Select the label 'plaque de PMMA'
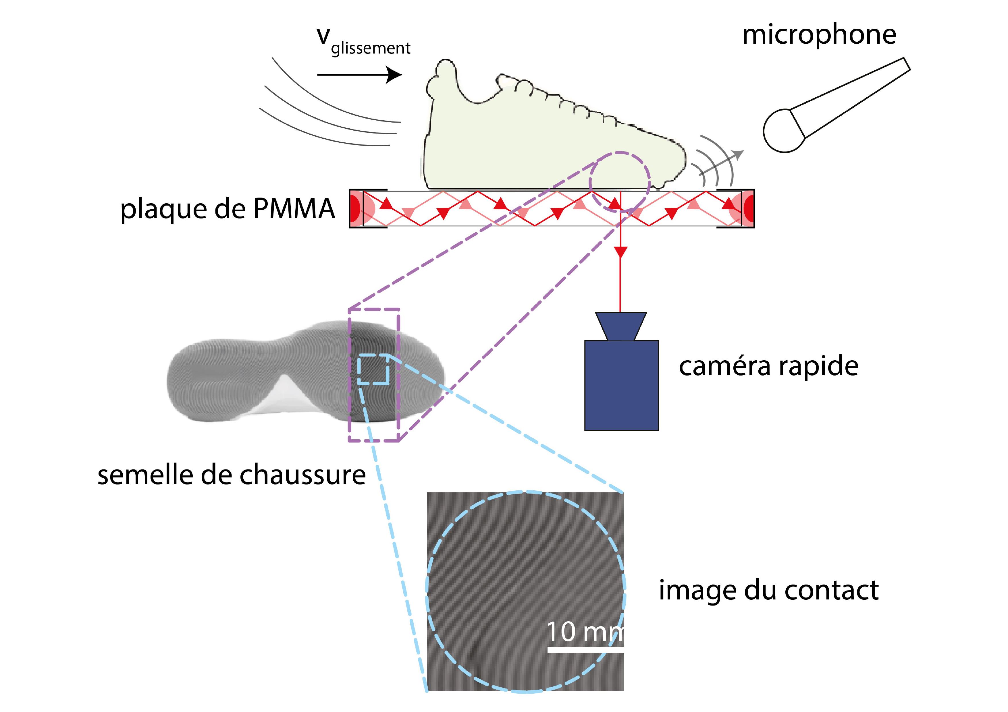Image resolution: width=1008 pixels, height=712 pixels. tap(228, 209)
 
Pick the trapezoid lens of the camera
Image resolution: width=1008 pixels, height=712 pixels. tap(621, 326)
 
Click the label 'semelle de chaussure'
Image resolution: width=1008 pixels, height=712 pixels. tap(231, 475)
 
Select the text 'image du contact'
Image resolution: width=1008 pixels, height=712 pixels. tap(769, 590)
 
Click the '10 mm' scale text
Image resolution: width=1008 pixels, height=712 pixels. tap(584, 632)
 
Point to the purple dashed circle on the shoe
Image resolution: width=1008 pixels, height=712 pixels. tap(619, 182)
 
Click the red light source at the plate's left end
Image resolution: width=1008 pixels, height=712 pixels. tap(356, 208)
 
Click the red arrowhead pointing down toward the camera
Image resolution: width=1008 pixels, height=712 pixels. tap(620, 252)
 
